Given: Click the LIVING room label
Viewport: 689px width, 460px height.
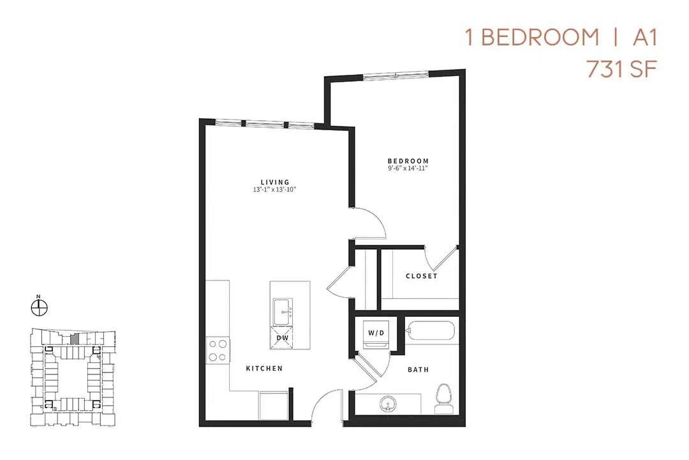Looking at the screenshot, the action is point(275,182).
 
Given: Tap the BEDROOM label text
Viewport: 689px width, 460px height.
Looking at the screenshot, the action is point(408,161).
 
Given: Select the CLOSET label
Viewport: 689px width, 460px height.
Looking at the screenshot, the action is point(422,276).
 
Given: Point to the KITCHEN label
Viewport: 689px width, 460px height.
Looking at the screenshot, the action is point(264,369).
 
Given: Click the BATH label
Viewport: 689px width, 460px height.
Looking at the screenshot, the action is point(419,370).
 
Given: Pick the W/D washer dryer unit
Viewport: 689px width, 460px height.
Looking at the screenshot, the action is point(376,335).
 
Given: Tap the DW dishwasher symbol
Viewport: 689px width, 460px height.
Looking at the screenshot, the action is point(282,337).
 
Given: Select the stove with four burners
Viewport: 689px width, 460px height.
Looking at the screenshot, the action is point(218,350).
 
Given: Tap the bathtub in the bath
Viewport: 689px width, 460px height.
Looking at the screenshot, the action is point(430,330).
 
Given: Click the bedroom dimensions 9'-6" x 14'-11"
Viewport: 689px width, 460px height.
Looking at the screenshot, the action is point(408,168).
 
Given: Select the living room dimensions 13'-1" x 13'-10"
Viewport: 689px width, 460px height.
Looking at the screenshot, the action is point(275,189).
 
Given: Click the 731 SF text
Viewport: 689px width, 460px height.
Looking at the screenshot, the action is point(622,69).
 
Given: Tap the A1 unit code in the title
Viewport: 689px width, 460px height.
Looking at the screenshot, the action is point(644,38).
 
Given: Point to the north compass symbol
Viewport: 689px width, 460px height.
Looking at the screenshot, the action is point(40,306).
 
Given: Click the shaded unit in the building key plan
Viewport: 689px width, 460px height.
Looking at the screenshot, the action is point(74,339).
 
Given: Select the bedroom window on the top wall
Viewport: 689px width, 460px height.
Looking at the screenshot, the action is point(396,75).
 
